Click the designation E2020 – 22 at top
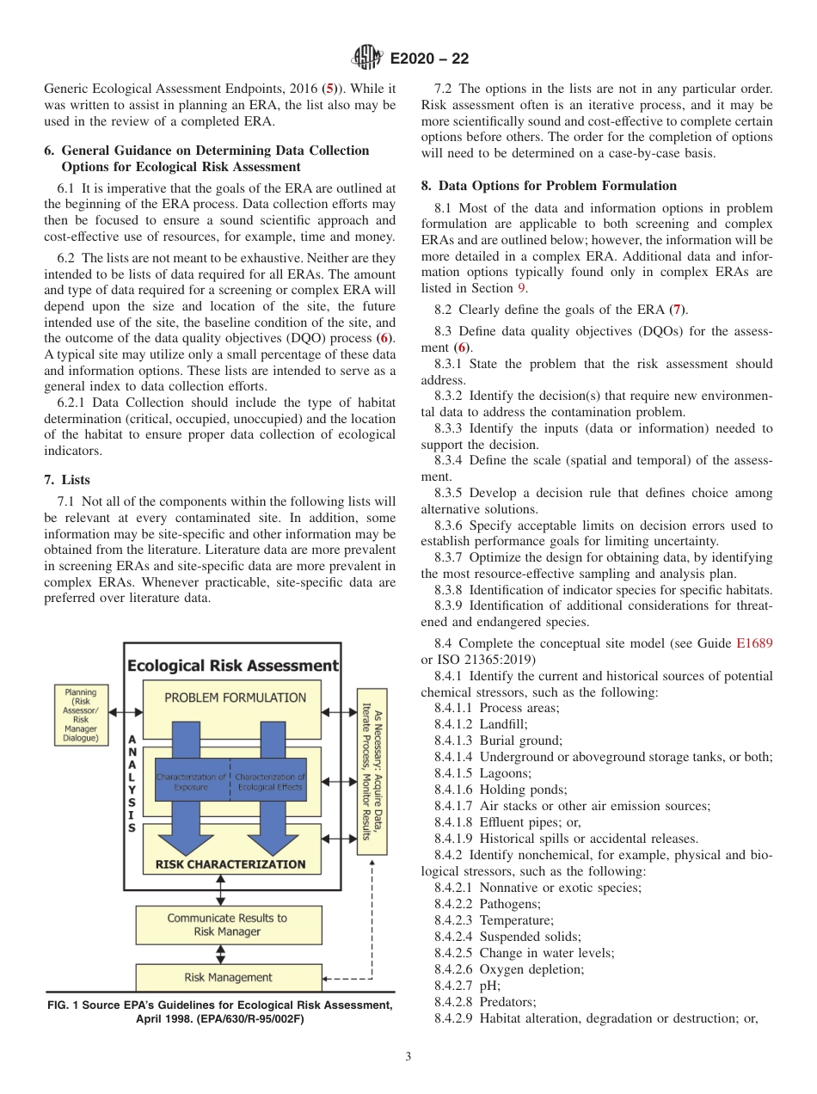[x=429, y=58]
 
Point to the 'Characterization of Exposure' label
[x=191, y=782]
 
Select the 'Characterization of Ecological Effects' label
[x=270, y=782]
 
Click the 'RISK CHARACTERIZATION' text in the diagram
[x=230, y=864]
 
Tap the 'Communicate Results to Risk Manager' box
[x=227, y=925]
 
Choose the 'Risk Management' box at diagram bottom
[x=228, y=977]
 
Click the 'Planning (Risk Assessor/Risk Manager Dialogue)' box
[x=81, y=715]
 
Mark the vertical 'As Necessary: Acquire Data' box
[x=372, y=771]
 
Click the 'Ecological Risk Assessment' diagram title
[x=232, y=665]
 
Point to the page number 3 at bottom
[x=408, y=1056]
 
